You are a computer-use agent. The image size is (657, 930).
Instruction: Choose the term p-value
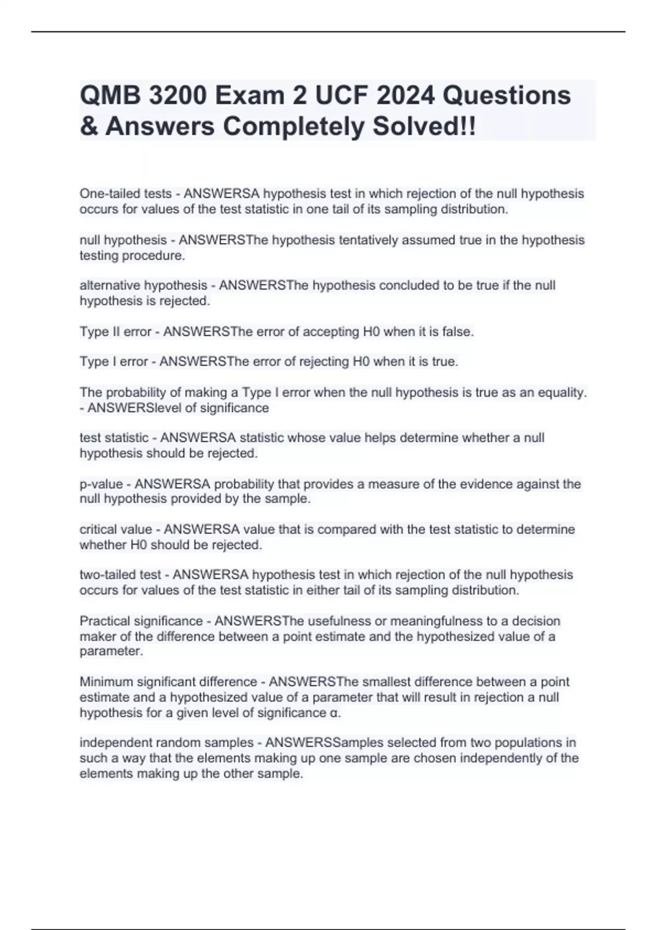tap(101, 484)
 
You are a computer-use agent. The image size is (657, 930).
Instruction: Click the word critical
tap(99, 530)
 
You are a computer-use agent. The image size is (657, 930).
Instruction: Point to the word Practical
tap(103, 621)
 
